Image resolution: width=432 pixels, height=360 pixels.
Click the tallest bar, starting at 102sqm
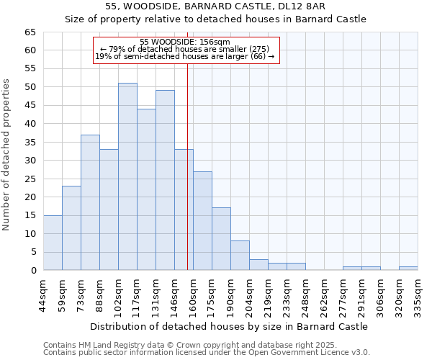pos(127,176)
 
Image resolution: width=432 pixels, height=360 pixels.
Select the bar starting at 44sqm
pos(53,243)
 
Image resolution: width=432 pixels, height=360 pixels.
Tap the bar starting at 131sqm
pos(165,180)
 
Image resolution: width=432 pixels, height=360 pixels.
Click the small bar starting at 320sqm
pos(408,269)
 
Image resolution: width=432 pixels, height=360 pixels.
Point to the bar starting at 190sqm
pos(240,256)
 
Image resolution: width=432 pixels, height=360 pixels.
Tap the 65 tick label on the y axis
pos(30,32)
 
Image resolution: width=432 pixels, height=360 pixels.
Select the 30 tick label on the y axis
pos(30,161)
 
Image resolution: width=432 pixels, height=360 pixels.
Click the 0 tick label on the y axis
pos(32,271)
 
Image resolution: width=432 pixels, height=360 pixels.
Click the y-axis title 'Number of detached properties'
pos(7,155)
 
